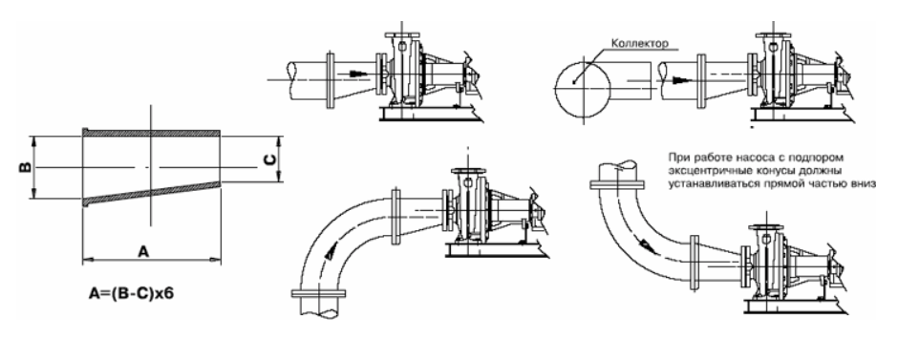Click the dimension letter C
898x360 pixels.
270,159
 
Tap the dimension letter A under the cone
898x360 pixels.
143,250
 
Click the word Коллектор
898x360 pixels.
640,43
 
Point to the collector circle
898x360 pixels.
583,59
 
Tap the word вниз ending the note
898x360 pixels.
865,184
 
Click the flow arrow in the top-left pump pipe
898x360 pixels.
356,74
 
